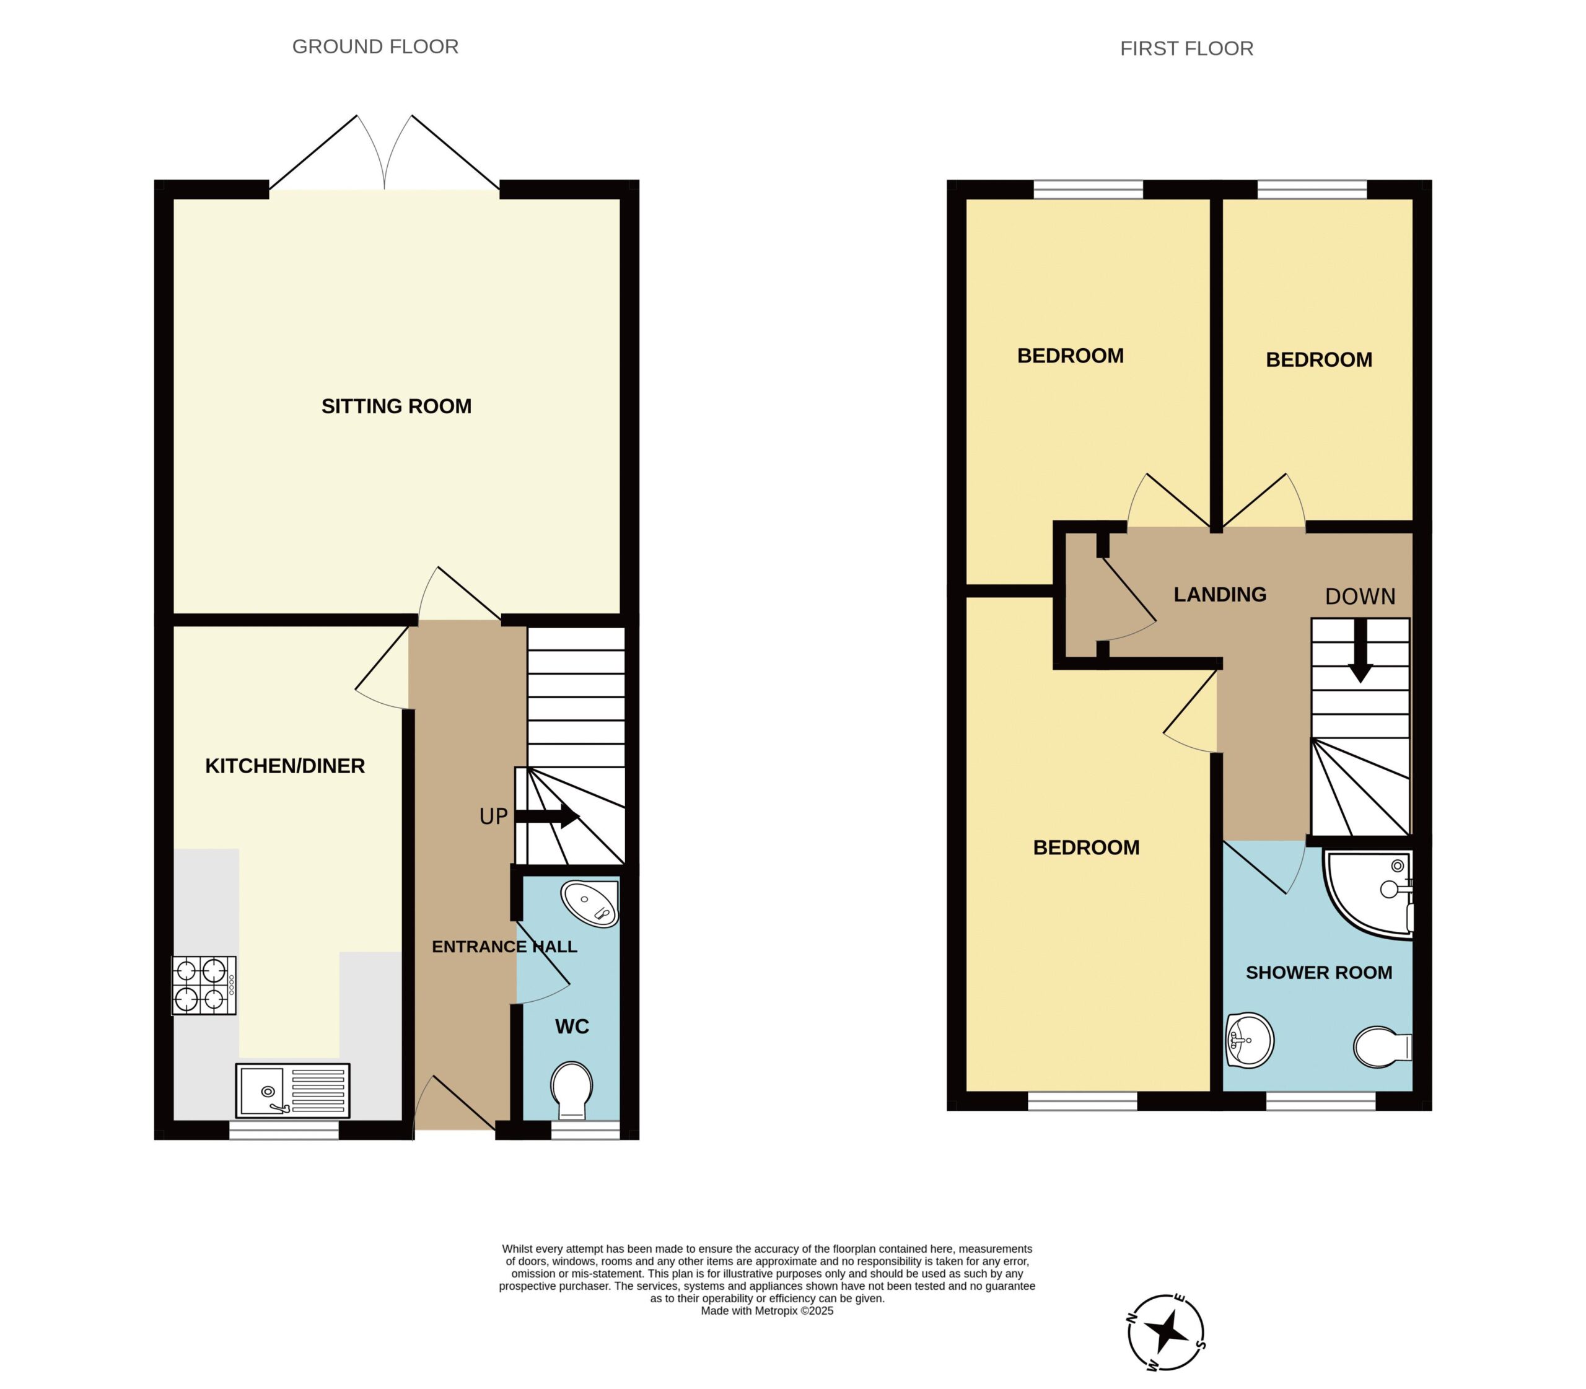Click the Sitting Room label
click(x=396, y=406)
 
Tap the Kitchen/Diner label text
click(x=284, y=766)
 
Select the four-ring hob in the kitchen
click(x=204, y=985)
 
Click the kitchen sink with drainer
click(x=292, y=1090)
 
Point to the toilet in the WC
click(x=572, y=1090)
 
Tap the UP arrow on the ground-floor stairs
click(x=547, y=815)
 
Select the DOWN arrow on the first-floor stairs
click(x=1360, y=651)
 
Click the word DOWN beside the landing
click(x=1360, y=596)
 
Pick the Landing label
click(x=1219, y=595)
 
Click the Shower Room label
click(x=1318, y=973)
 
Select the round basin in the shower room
click(x=1250, y=1041)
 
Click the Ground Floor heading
click(x=375, y=46)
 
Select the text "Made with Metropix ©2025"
click(x=766, y=1311)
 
